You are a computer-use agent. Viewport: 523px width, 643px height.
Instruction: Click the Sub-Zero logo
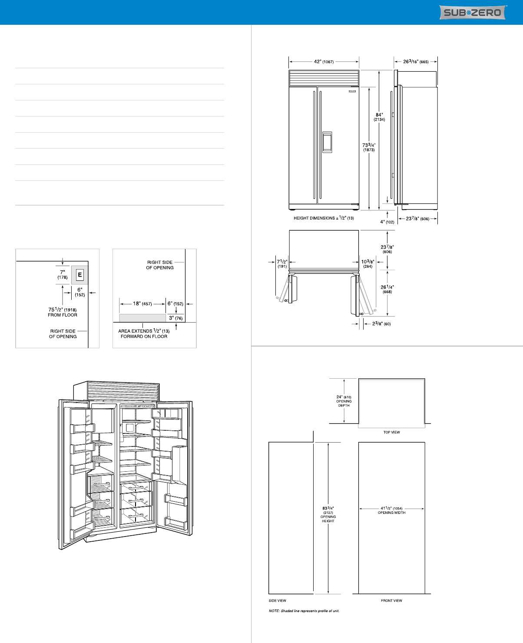click(473, 12)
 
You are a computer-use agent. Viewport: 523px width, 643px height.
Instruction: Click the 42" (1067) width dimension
click(324, 62)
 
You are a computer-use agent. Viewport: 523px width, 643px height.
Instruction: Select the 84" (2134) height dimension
click(379, 117)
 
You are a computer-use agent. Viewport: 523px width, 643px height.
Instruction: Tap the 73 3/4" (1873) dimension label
click(369, 147)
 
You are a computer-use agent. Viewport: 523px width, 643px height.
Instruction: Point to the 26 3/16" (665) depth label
click(416, 62)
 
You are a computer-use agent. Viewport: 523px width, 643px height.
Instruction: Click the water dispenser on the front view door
click(327, 142)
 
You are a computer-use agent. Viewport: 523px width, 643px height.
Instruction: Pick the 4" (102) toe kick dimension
click(387, 222)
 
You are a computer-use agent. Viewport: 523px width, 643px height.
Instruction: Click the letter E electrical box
click(79, 275)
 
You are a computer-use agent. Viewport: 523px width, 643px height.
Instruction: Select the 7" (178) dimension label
click(63, 275)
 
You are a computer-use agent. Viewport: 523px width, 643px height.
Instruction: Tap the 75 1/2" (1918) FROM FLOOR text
click(63, 312)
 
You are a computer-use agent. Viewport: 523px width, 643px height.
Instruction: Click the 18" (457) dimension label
click(142, 303)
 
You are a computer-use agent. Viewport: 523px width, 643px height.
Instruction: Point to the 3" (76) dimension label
click(176, 318)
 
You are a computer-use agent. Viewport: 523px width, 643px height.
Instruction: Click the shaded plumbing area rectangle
click(142, 318)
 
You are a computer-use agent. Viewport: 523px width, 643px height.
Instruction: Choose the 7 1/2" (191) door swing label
click(282, 264)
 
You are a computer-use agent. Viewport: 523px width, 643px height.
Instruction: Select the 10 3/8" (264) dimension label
click(367, 264)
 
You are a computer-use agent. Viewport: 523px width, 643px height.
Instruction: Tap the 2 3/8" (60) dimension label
click(381, 323)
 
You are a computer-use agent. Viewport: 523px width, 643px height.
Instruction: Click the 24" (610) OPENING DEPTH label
click(344, 401)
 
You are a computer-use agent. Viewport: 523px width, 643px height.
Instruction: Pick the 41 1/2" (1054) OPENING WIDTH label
click(391, 510)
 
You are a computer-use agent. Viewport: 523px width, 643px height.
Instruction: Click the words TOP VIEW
click(391, 432)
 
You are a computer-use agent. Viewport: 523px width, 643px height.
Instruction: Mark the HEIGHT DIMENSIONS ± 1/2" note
click(324, 218)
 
